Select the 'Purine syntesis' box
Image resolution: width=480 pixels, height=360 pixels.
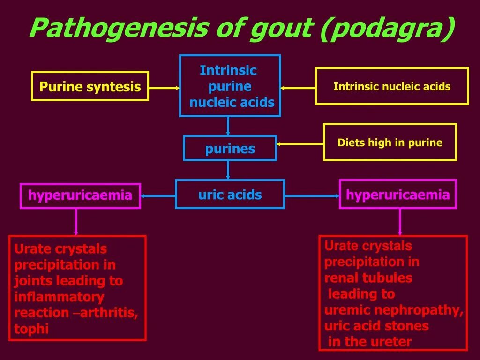[90, 86]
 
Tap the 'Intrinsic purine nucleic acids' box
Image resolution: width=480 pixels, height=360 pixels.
[230, 86]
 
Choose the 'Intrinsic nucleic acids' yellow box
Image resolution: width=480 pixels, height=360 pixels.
[392, 86]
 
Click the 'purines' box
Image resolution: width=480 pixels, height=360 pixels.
[230, 149]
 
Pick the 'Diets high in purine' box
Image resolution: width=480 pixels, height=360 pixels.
[390, 142]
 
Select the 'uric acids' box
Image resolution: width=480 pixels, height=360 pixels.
[230, 194]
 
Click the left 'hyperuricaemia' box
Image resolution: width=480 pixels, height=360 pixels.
[80, 195]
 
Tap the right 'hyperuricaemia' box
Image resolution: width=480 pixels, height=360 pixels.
[397, 195]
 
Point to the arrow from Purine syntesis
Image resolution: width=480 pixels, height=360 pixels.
[164, 87]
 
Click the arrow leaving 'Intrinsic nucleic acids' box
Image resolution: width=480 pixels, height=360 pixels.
[298, 87]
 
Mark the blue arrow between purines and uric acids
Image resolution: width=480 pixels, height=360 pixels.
[228, 170]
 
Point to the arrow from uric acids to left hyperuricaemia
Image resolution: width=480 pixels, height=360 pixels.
[158, 196]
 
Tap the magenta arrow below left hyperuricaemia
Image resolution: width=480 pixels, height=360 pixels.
[76, 222]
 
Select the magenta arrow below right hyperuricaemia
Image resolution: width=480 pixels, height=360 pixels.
[400, 222]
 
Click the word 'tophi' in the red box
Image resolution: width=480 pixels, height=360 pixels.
[31, 329]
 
